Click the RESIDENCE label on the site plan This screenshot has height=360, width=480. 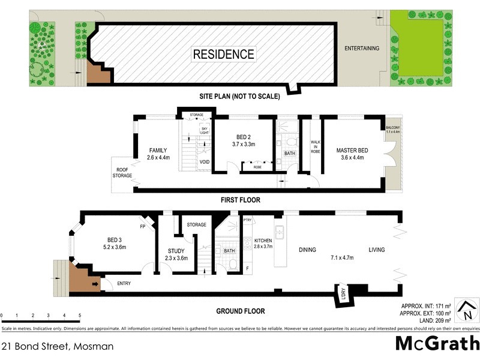[223, 54]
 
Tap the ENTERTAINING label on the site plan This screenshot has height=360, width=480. [361, 48]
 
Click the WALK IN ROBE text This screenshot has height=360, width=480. [314, 147]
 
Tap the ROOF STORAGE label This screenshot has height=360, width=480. [122, 172]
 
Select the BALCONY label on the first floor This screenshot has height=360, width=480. [393, 130]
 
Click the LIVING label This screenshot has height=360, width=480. [377, 250]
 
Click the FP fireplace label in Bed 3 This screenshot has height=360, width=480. [143, 227]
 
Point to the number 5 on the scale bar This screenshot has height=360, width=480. [80, 315]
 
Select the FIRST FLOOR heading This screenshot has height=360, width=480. [240, 200]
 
